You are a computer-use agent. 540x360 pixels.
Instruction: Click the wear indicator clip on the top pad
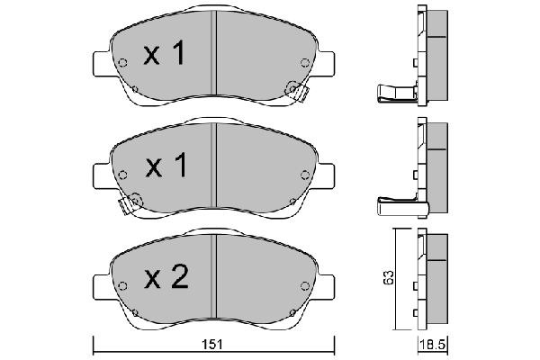293,89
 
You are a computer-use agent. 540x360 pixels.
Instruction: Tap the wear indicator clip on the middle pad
132,202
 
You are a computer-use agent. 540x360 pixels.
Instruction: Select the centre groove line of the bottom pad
214,279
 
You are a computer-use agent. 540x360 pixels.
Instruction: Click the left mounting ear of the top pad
103,64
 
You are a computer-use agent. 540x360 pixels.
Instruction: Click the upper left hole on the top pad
122,62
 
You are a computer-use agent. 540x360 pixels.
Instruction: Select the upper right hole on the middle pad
305,174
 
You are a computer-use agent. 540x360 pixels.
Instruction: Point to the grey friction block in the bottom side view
438,279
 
